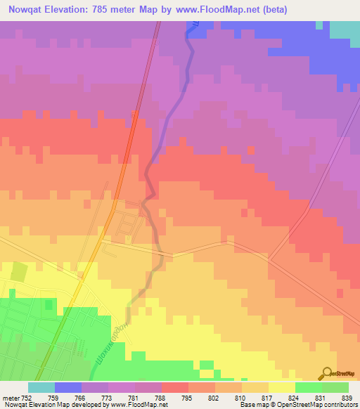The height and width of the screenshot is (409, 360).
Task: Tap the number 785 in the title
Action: pos(94,8)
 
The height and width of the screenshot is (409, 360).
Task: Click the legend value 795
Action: pos(186,398)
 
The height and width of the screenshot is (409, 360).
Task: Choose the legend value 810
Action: pos(239,398)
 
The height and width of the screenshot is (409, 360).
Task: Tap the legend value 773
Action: pos(107,398)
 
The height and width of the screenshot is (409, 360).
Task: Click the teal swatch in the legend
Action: pos(41,387)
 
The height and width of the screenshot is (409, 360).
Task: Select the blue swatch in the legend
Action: pos(67,387)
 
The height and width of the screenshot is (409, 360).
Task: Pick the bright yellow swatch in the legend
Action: pos(281,387)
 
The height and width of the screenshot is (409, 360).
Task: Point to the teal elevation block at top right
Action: pos(345,30)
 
